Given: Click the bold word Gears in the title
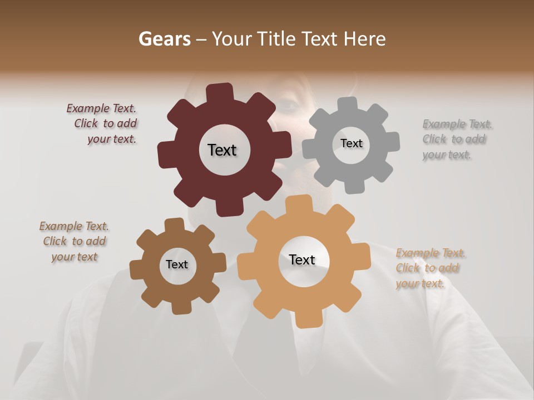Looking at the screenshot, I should point(164,39).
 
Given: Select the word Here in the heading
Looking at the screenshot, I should point(365,39).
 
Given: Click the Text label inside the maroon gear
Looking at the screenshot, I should point(222,150).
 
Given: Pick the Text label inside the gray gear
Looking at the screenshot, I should point(351,143).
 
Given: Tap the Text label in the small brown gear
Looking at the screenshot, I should point(177,264).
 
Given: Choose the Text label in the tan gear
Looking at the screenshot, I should point(302,259).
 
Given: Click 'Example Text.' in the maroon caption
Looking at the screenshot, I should point(101,109).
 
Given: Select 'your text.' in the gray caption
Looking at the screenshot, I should point(447,155).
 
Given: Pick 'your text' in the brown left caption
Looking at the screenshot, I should point(75,257).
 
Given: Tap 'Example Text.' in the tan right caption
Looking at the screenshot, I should point(431,253).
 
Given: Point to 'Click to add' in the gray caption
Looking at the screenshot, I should point(454,139).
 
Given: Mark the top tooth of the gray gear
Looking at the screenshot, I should point(348,104).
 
